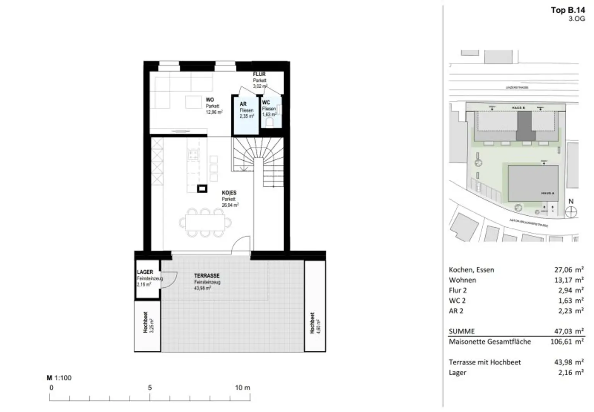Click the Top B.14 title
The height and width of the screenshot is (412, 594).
coord(568,10)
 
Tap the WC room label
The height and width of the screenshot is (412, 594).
coord(266,103)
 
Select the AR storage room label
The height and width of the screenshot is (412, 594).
coord(243,104)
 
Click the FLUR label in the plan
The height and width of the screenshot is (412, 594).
coord(259,74)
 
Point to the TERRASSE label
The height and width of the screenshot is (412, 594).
coord(207,276)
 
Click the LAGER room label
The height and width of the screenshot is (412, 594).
coord(145,272)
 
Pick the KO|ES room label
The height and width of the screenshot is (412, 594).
coord(229,193)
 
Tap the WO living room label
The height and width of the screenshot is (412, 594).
coord(210,100)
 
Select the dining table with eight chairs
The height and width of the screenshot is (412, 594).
coord(205,223)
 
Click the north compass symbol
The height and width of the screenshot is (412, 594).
coord(571,212)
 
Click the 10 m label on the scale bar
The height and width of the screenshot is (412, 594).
coord(242,388)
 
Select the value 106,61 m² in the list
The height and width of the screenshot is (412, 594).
coord(567,342)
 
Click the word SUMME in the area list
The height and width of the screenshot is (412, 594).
coord(462,331)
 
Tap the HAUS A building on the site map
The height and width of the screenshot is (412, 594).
coord(533,183)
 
